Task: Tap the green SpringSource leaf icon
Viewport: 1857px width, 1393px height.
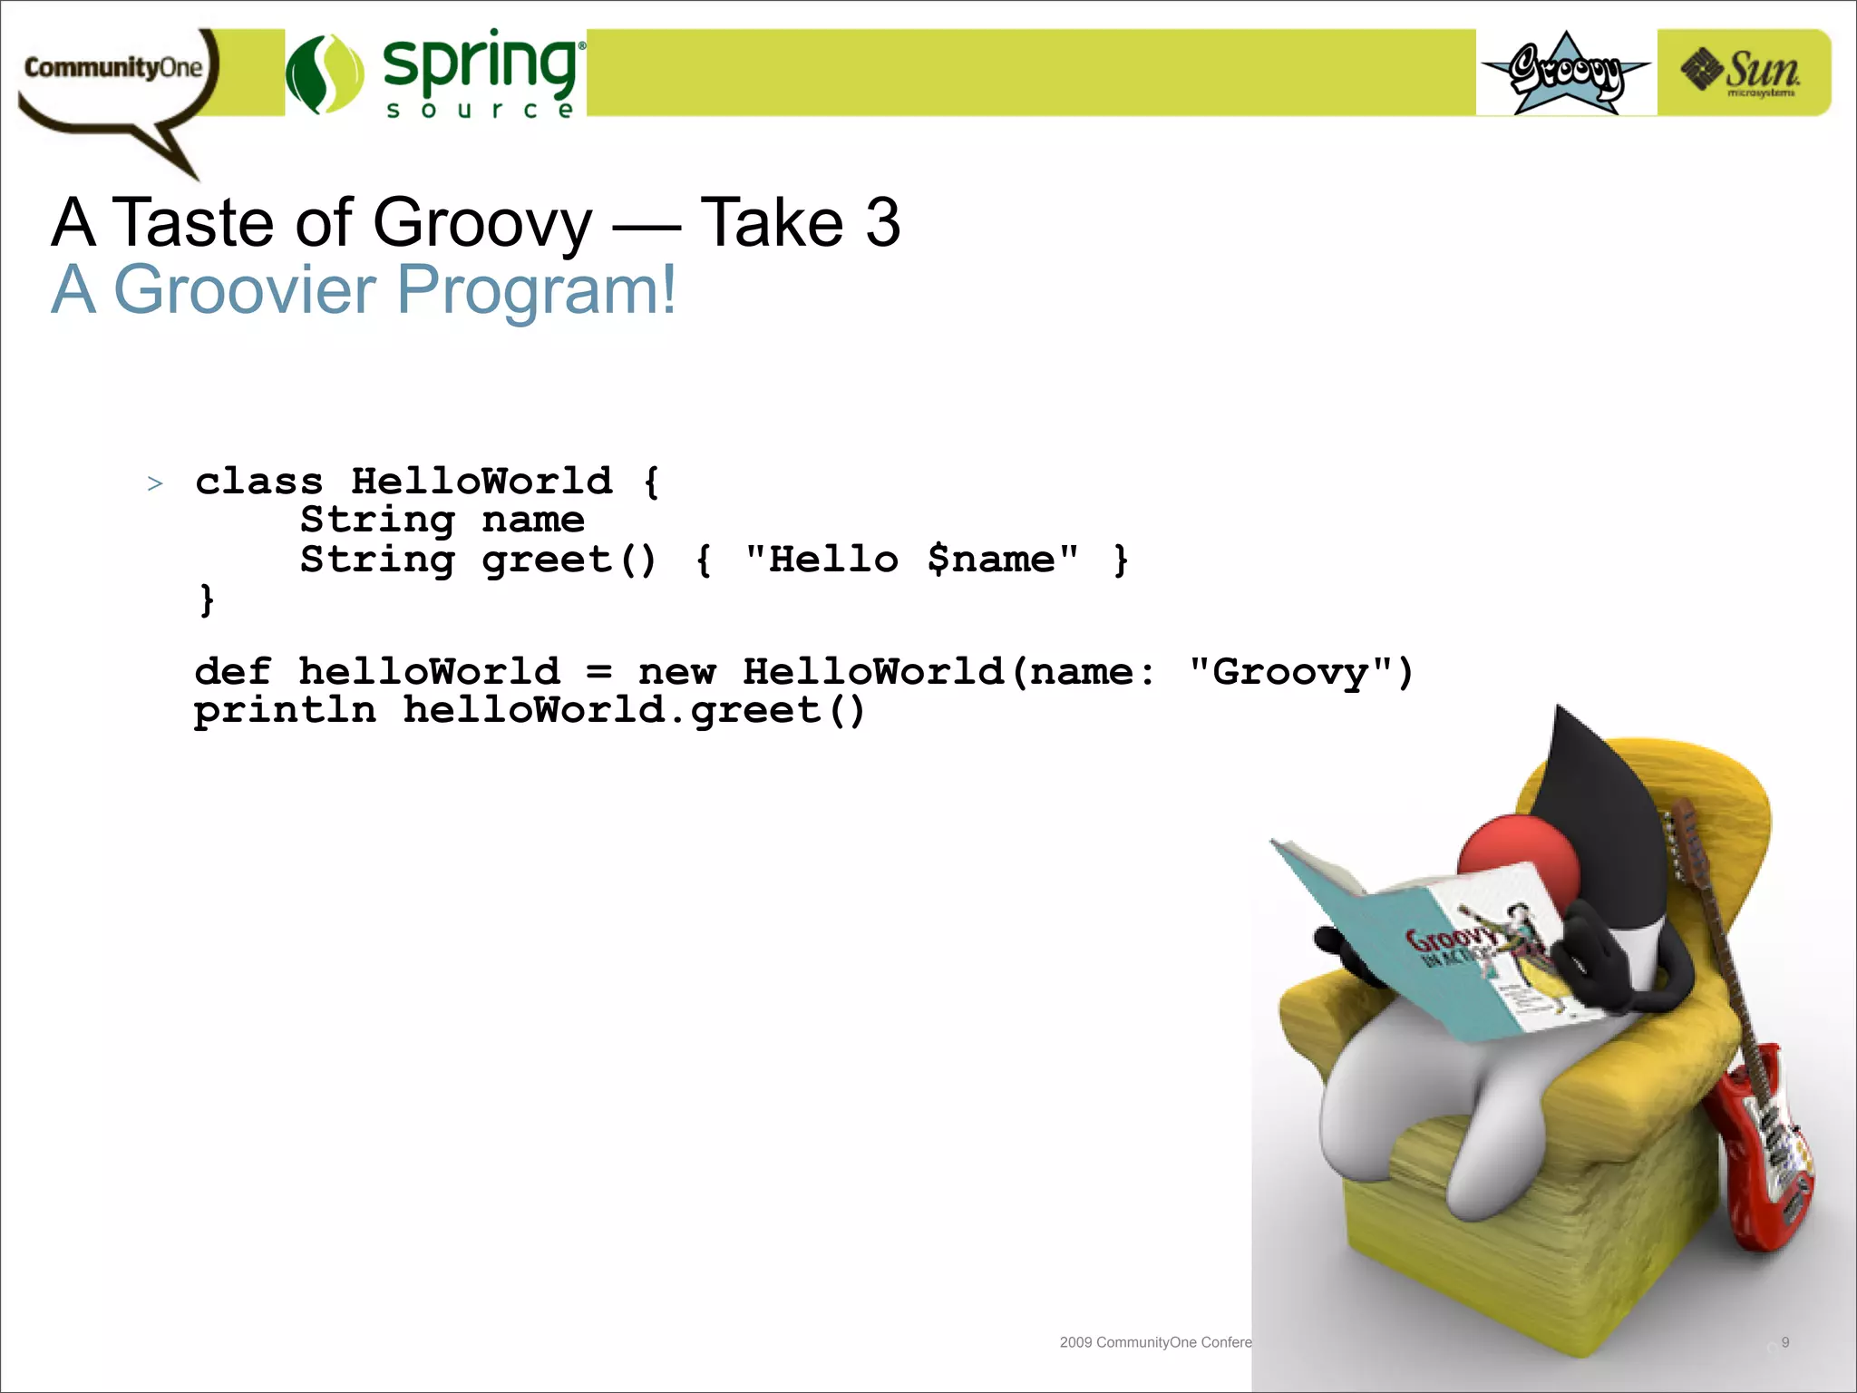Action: point(324,74)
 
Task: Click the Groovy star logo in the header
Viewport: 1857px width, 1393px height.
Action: point(1566,73)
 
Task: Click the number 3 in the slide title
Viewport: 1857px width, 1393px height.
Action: point(882,223)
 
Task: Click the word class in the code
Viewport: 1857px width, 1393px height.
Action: point(259,482)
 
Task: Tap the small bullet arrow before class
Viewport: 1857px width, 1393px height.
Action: point(155,483)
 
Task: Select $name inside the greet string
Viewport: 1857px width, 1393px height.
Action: point(990,560)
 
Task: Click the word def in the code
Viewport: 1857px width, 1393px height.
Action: point(232,672)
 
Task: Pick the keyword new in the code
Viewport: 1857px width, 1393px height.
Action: point(676,672)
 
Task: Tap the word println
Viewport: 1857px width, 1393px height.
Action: point(285,710)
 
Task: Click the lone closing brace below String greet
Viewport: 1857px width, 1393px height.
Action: point(207,599)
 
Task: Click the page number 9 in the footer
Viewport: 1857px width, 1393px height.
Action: point(1784,1342)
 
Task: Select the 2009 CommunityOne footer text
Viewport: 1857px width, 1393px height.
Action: point(1154,1342)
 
